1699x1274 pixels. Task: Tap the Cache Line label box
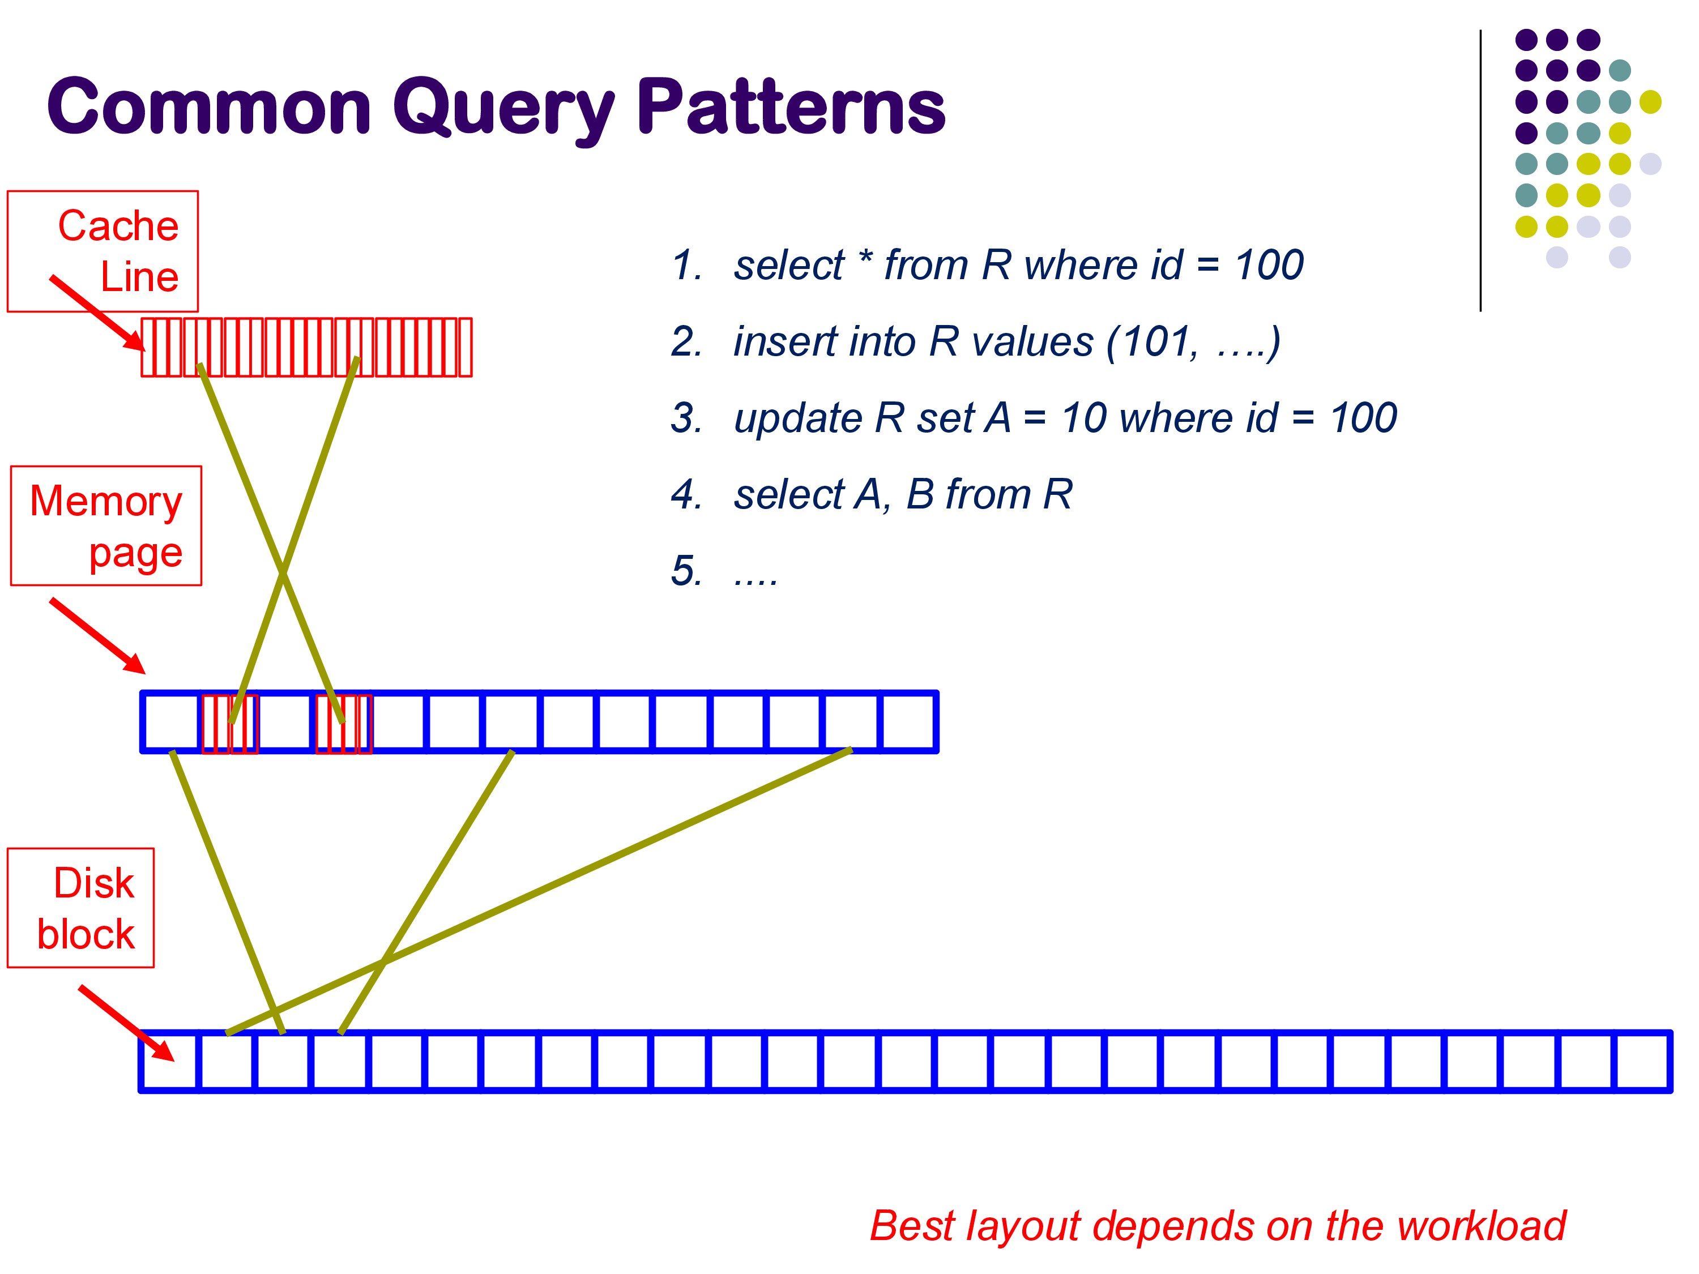tap(103, 251)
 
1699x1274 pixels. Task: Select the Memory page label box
tap(106, 526)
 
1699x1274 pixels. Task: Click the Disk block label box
tap(80, 908)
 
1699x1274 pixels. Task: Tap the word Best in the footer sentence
tap(912, 1226)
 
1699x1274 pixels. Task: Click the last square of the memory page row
tap(908, 722)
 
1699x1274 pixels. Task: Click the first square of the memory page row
tap(171, 722)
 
